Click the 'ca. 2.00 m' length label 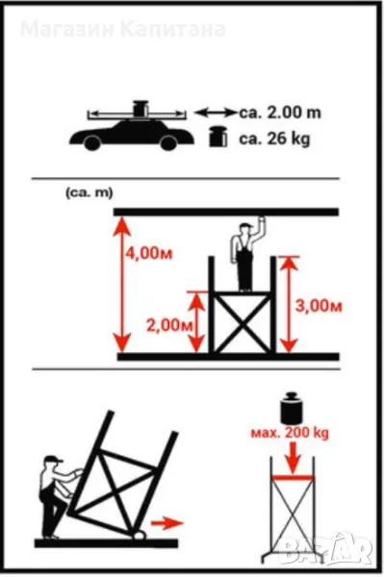280,113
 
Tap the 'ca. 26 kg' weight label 274,139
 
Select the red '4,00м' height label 149,254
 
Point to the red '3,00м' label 319,306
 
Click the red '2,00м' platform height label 169,325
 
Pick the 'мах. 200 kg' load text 290,433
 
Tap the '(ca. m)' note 90,193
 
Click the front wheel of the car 168,142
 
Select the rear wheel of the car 92,142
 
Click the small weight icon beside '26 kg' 218,138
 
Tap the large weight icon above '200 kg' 292,408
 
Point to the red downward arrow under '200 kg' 294,458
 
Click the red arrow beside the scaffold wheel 167,522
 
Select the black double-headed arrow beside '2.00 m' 216,113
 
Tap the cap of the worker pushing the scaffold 53,459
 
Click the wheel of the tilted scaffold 140,536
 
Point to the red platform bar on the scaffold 293,478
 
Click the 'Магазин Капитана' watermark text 122,30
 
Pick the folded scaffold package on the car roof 140,109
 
